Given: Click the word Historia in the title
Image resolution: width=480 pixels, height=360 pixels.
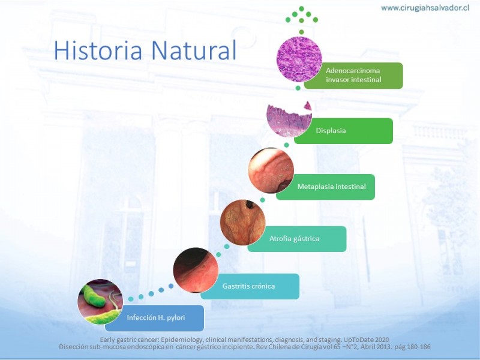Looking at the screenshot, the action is [98, 50].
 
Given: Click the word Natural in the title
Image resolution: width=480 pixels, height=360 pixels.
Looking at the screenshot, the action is [194, 50].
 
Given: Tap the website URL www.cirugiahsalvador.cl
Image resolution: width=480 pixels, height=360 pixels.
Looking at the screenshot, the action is [425, 8].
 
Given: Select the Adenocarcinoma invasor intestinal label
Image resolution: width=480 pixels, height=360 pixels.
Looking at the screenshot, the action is [353, 76].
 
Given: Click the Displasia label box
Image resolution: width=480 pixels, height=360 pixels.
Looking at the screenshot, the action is [343, 131].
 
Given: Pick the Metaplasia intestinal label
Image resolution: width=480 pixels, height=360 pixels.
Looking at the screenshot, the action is [325, 187].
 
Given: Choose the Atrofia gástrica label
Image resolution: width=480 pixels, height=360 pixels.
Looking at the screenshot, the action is [297, 239].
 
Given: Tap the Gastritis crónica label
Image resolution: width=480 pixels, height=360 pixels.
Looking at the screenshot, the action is [250, 286].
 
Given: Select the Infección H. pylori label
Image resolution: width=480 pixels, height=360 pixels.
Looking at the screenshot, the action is [154, 318].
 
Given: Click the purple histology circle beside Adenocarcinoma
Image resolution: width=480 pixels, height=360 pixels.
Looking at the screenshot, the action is [299, 59].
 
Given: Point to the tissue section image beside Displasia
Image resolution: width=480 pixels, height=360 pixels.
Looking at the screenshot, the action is [289, 118].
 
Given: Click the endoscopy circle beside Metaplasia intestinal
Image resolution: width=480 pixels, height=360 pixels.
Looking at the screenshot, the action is [271, 170].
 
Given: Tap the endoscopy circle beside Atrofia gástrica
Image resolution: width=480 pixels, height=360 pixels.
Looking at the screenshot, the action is [243, 222].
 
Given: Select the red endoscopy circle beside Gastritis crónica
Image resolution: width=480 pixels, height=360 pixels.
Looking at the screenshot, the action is [196, 270].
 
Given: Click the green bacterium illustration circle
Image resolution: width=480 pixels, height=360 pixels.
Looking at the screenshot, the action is [100, 302].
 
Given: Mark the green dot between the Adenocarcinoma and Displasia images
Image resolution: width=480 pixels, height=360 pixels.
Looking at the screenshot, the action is [298, 88].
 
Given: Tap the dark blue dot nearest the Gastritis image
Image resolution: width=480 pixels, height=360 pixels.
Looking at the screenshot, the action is [171, 286].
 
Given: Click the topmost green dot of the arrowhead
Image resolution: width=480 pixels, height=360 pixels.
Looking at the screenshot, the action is [301, 8].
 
